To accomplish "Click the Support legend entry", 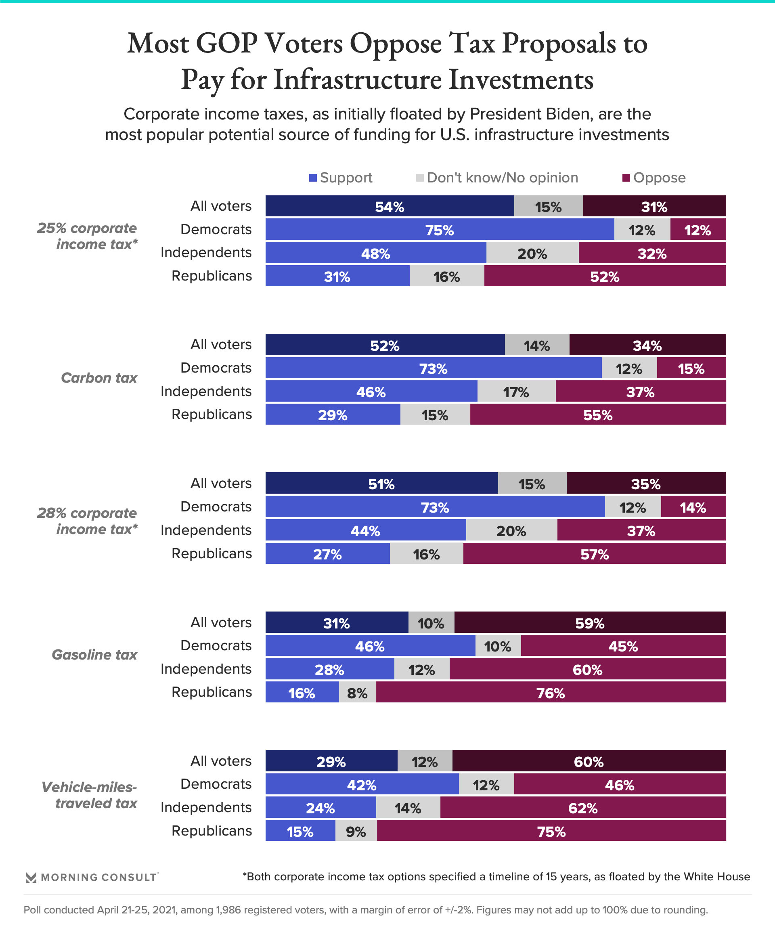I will (341, 178).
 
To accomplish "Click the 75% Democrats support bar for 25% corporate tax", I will (439, 230).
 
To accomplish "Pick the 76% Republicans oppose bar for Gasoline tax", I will (551, 693).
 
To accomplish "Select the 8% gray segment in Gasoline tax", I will (357, 693).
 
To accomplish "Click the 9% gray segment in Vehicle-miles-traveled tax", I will (356, 831).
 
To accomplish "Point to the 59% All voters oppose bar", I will (589, 623).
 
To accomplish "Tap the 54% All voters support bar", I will (389, 206).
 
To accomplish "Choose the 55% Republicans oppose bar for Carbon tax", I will (597, 415).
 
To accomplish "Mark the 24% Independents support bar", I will (320, 808).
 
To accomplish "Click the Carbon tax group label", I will (99, 378).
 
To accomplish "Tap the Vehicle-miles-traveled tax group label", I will (90, 795).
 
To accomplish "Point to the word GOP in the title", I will (226, 44).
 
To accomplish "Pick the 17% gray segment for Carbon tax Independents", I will (516, 392).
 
